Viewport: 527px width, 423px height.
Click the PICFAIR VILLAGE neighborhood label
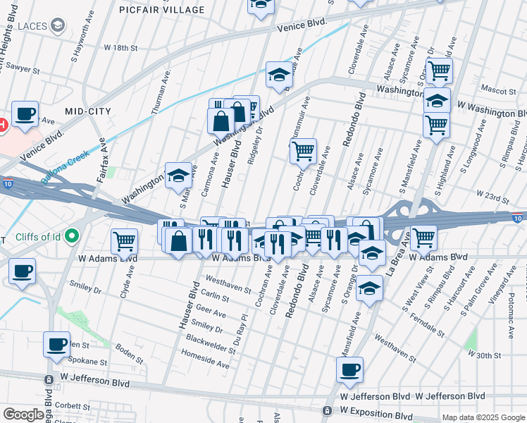[x=162, y=10]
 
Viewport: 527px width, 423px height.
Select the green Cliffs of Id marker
[x=70, y=237]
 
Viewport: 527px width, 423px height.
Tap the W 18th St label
[x=121, y=47]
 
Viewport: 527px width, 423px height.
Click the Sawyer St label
[x=18, y=69]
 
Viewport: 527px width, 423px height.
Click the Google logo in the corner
[x=23, y=415]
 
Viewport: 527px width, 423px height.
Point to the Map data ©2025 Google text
[x=483, y=417]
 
